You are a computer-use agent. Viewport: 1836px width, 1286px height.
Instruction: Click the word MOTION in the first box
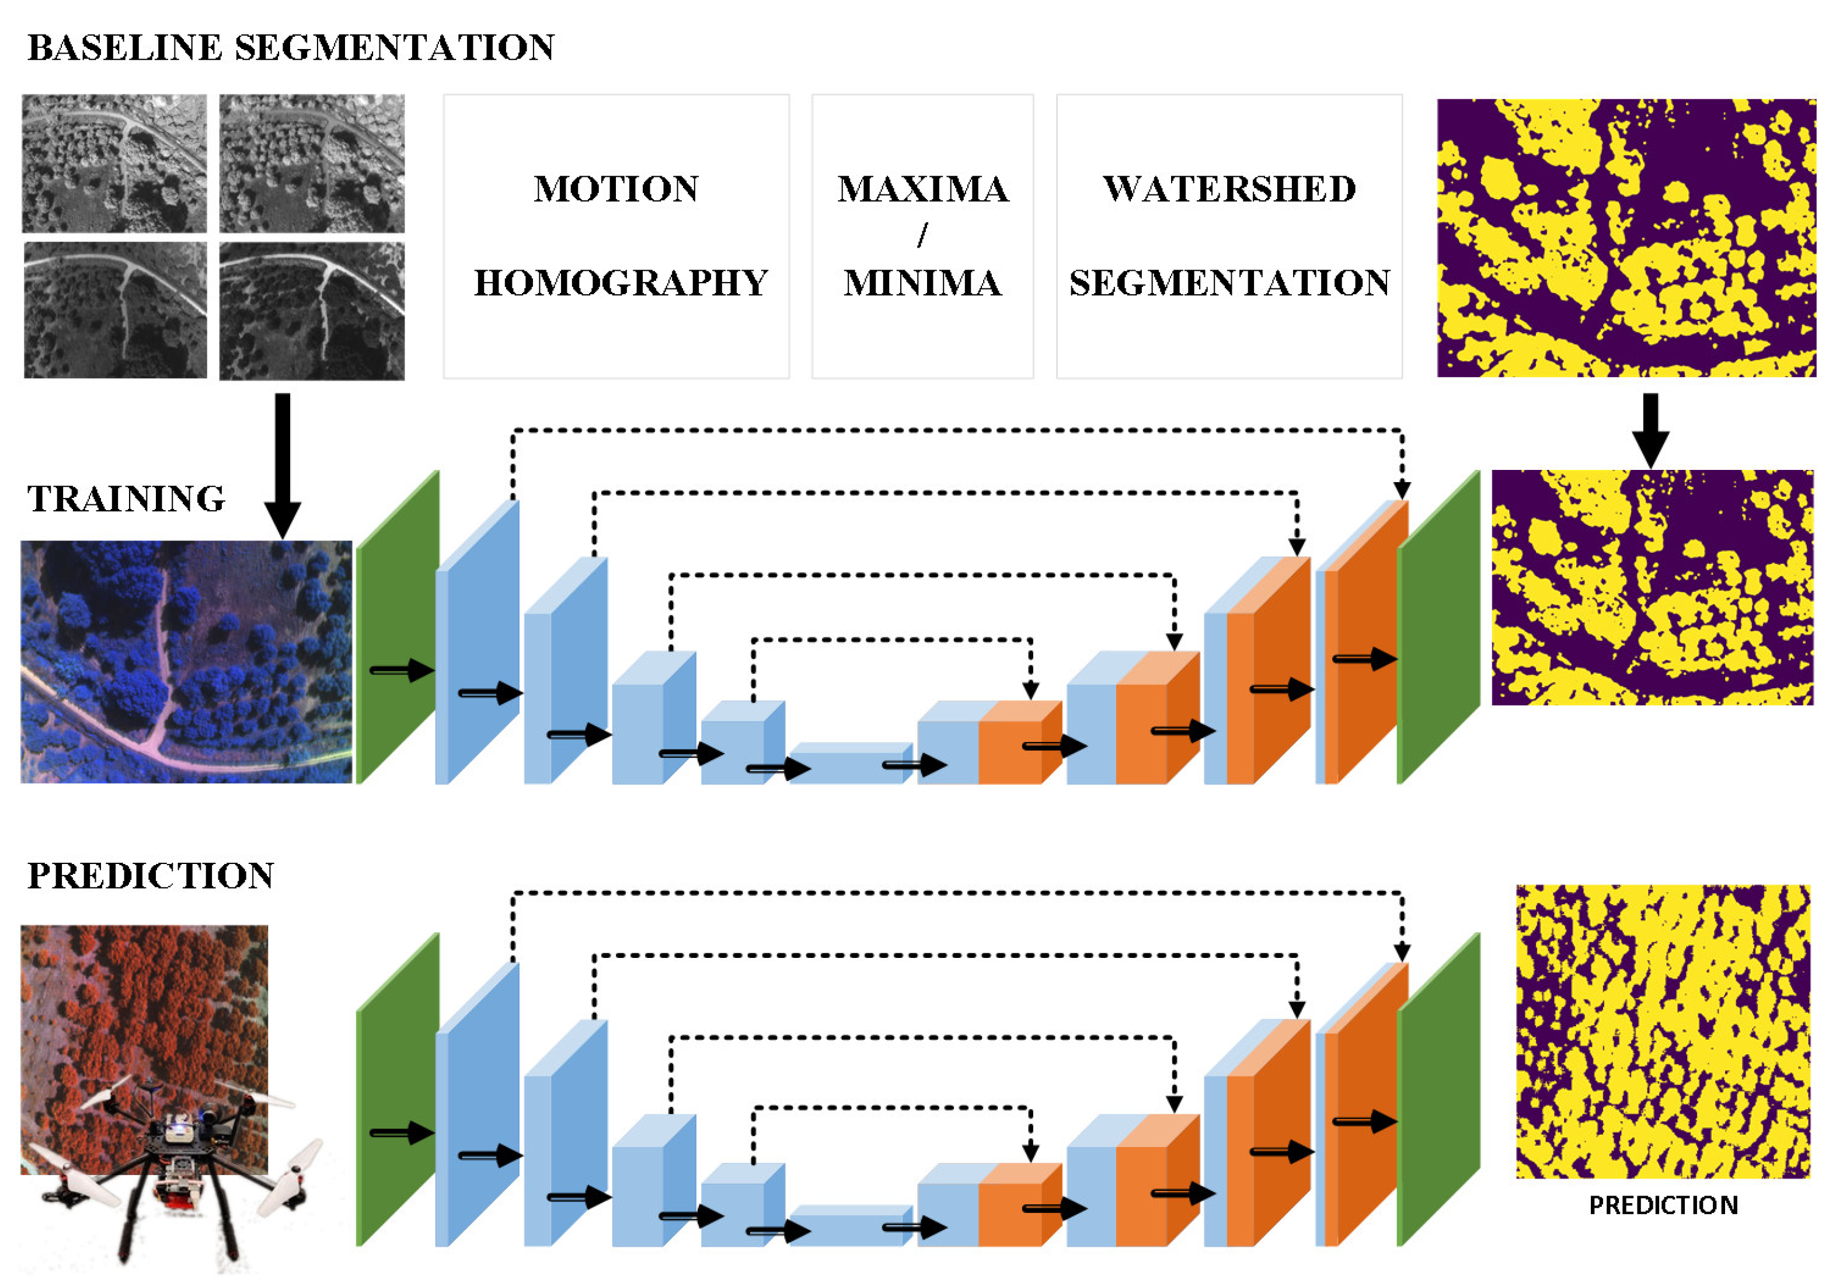[x=616, y=190]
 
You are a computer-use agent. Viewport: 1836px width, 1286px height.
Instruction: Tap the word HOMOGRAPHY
[x=621, y=283]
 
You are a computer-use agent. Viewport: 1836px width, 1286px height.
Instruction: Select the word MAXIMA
[x=923, y=190]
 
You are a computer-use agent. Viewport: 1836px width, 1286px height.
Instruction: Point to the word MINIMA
[x=923, y=283]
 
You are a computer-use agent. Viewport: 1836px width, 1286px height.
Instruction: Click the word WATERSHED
[x=1229, y=190]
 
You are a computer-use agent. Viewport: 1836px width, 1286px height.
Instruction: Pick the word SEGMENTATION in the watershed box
[x=1229, y=283]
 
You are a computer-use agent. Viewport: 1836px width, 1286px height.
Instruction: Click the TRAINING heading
[x=126, y=499]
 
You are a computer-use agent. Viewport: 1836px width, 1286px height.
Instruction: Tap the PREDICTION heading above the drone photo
[x=151, y=876]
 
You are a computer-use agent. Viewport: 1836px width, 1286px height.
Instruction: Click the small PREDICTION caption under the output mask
[x=1663, y=1205]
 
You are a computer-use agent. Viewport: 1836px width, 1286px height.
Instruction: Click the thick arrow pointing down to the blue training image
[x=283, y=464]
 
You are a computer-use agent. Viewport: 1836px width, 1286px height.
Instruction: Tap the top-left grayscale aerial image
[x=114, y=164]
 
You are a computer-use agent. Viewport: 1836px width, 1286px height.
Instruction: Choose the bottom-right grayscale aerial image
[x=312, y=311]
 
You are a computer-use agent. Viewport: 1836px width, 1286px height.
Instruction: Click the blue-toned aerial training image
[x=186, y=661]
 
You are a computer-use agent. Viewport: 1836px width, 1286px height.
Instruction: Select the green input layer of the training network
[x=398, y=628]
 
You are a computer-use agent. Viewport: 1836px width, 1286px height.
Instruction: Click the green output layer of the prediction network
[x=1438, y=1089]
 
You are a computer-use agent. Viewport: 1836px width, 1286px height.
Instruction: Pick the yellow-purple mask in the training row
[x=1652, y=587]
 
